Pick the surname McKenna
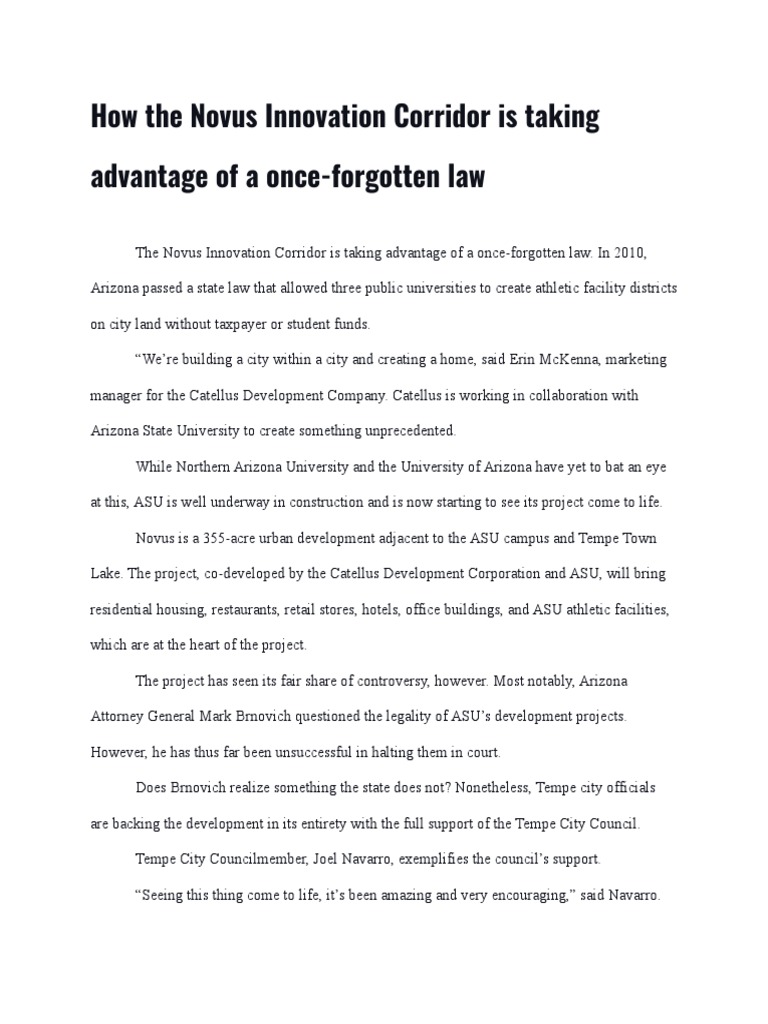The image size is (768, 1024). (566, 360)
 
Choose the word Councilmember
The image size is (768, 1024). (230, 859)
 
